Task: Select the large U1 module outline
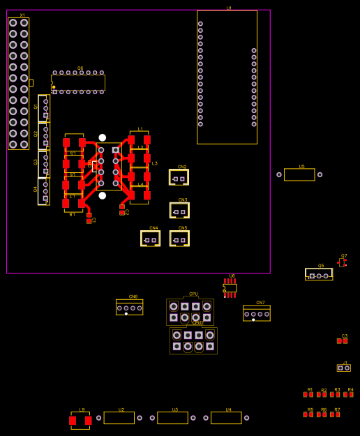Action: [227, 77]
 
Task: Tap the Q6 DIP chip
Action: [78, 82]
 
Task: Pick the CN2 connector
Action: [179, 178]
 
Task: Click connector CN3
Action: [180, 211]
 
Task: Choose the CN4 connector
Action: [150, 239]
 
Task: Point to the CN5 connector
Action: [180, 239]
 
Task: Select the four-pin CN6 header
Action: [129, 308]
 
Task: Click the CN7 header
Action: [257, 314]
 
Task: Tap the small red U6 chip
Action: [230, 287]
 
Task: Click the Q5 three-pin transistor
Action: [319, 275]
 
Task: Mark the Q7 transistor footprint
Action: [342, 263]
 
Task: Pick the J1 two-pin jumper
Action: [344, 368]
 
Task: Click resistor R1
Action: [308, 395]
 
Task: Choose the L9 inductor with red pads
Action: [80, 420]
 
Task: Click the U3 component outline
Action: [172, 418]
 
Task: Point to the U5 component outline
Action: [299, 174]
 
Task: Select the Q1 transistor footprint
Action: [44, 108]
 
